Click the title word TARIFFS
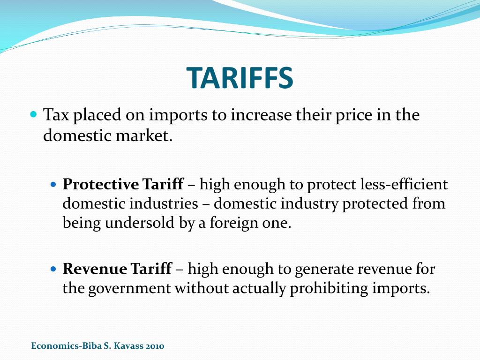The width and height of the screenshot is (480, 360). pos(240,78)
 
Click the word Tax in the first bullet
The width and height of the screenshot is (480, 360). pos(55,115)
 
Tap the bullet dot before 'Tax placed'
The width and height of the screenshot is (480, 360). pos(33,114)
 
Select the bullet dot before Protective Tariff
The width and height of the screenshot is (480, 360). pos(53,185)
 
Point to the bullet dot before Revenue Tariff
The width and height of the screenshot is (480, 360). pos(53,270)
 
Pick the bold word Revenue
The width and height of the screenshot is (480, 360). pos(95,270)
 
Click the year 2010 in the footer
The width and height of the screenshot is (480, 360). pos(155,346)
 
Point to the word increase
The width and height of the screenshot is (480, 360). pos(260,115)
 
